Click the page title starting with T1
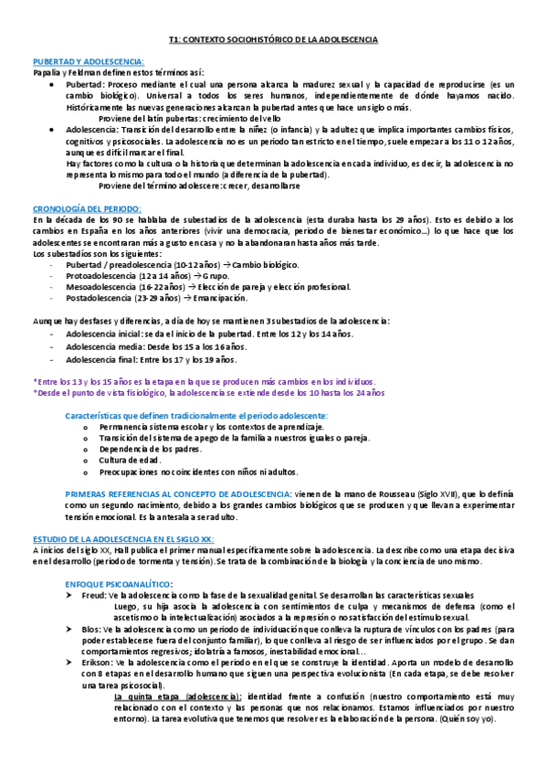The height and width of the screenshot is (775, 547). (x=273, y=40)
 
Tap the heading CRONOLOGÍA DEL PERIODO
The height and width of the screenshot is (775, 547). (x=86, y=209)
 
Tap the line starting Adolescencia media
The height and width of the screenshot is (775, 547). (x=155, y=347)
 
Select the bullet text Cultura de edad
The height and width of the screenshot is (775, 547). (x=130, y=460)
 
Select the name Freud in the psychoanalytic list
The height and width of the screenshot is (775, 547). (x=94, y=594)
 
